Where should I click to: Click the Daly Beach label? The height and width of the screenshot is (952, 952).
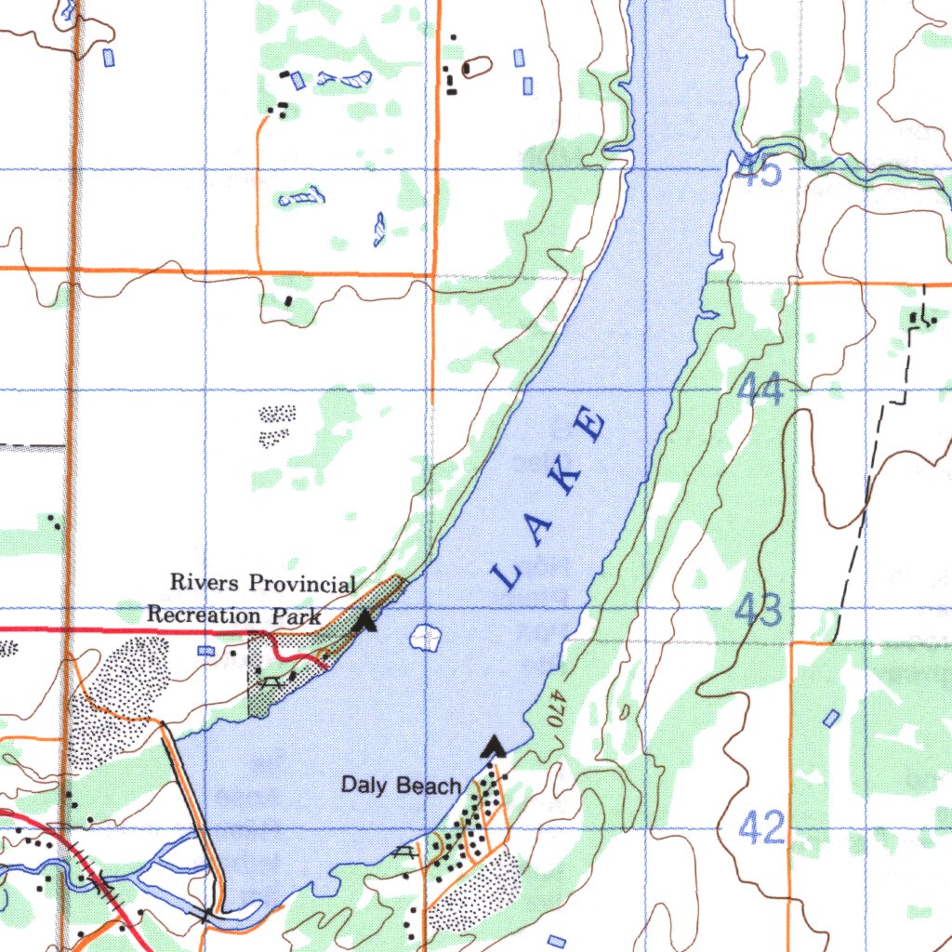tap(401, 786)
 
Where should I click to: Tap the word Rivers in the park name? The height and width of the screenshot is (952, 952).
tap(204, 583)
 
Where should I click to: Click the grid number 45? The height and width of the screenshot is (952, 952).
tap(757, 171)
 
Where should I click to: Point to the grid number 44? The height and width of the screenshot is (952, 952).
tap(763, 389)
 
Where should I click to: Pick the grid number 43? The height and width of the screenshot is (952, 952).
tap(759, 611)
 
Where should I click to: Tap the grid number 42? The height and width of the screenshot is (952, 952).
tap(762, 826)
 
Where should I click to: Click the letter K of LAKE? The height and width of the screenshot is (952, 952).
tap(568, 475)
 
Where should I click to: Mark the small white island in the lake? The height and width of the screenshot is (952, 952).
tap(425, 638)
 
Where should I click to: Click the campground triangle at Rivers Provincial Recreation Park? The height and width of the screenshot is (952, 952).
tap(366, 620)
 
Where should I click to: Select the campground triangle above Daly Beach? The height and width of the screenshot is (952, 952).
tap(495, 746)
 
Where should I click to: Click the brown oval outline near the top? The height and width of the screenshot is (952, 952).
tap(477, 67)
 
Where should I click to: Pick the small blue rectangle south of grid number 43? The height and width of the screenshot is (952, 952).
tap(831, 718)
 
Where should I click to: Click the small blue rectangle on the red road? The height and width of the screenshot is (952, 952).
tap(205, 651)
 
